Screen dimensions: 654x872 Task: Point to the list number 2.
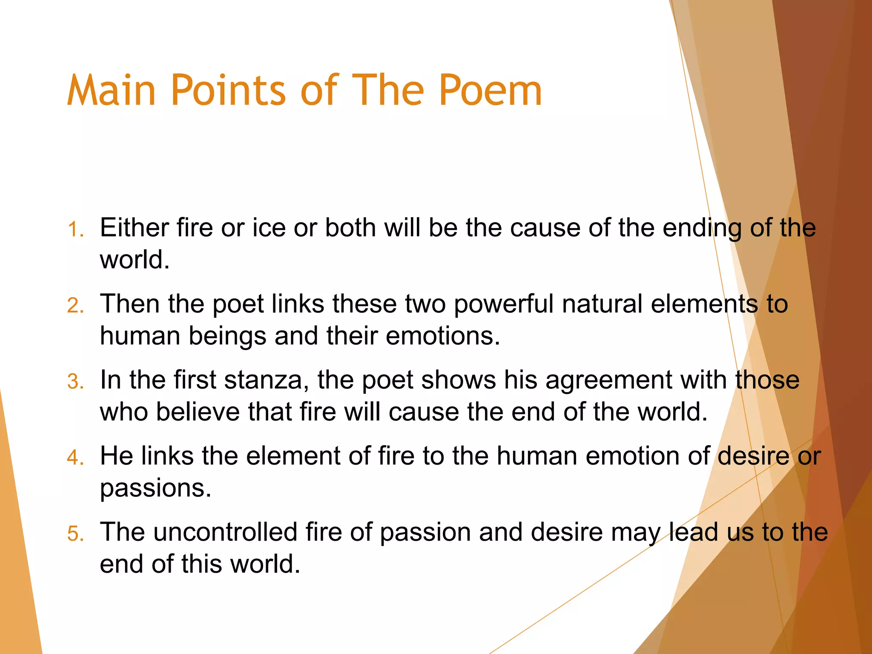pyautogui.click(x=75, y=306)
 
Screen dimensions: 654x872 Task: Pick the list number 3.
pyautogui.click(x=75, y=381)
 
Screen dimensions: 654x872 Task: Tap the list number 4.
pyautogui.click(x=75, y=458)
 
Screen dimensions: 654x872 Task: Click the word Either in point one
pyautogui.click(x=134, y=227)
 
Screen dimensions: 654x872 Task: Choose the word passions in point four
pyautogui.click(x=155, y=489)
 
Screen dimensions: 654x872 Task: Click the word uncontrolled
pyautogui.click(x=225, y=532)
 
